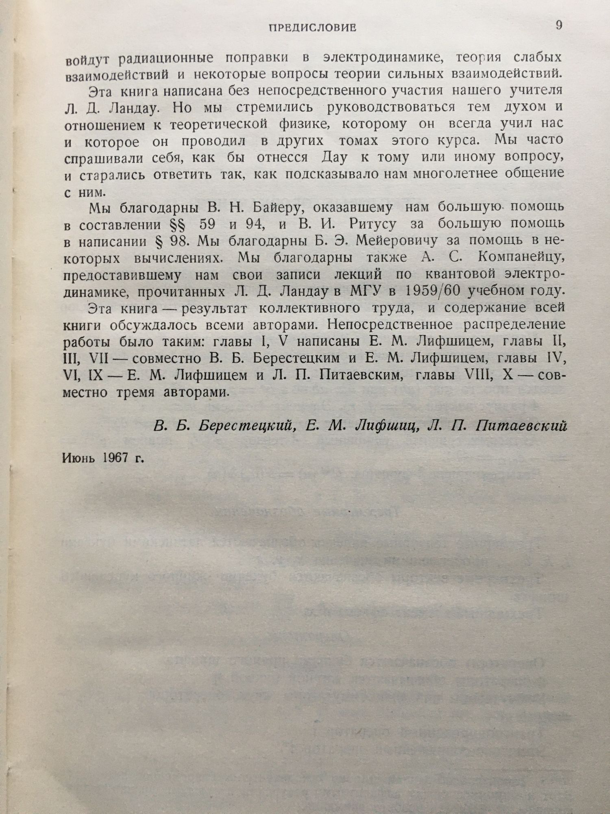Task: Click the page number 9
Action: pyautogui.click(x=559, y=26)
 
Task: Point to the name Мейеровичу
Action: pyautogui.click(x=397, y=241)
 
